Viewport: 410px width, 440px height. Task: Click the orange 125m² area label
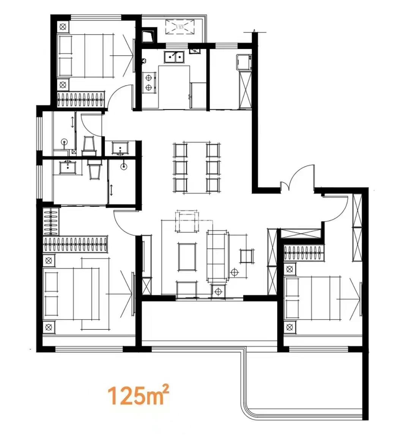coord(138,395)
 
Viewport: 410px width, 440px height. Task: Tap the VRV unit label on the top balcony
coord(179,27)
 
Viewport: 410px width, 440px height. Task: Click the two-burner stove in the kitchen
coord(149,82)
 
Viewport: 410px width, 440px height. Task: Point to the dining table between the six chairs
coord(197,168)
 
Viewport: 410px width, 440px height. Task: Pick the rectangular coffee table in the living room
coord(187,257)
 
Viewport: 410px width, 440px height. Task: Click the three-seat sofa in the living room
coord(217,256)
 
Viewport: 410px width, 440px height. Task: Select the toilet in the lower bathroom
coord(95,170)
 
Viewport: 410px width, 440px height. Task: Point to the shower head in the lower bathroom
coord(123,167)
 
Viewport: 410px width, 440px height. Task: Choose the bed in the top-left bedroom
coord(85,55)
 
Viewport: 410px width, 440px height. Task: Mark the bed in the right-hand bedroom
coord(312,298)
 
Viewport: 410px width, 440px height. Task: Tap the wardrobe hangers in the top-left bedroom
coord(80,99)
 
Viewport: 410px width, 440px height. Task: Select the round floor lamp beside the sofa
coord(235,272)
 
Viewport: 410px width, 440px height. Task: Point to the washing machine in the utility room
coord(244,63)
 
